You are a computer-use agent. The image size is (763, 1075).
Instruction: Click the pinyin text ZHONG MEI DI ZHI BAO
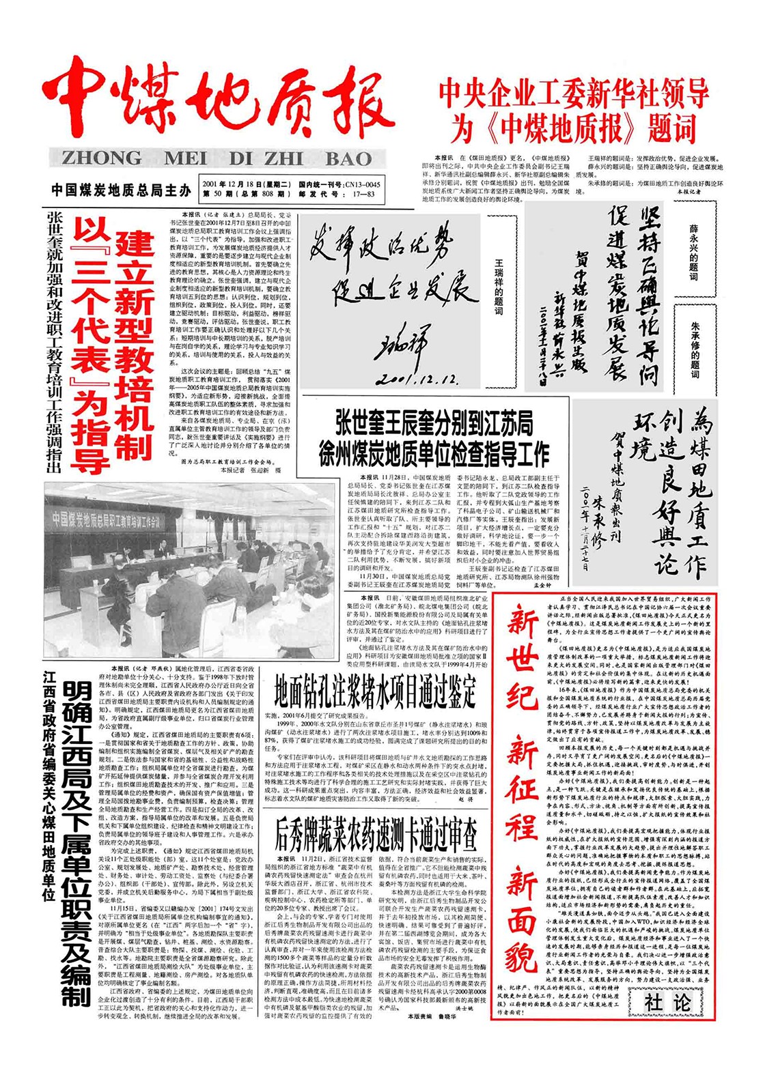(217, 158)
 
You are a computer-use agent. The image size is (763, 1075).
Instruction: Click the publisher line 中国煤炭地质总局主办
(121, 190)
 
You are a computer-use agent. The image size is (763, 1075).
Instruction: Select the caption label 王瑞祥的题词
(499, 286)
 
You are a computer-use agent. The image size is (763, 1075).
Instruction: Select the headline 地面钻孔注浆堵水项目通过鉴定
(375, 690)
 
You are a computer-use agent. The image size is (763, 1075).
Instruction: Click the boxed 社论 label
(668, 1002)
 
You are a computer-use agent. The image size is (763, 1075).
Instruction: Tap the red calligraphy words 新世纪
(522, 656)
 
